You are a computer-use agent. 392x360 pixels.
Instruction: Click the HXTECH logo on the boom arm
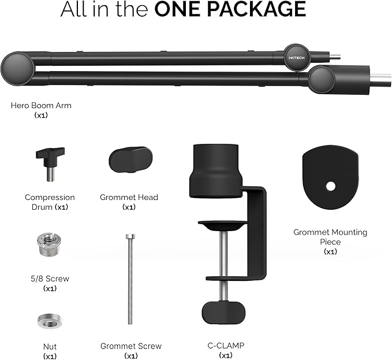[x=297, y=58]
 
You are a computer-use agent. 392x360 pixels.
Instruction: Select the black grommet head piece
[x=130, y=159]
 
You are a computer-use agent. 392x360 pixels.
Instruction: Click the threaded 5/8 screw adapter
[x=50, y=244]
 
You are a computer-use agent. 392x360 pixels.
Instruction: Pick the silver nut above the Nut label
[x=50, y=321]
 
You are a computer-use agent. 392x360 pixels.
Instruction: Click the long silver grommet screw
[x=130, y=279]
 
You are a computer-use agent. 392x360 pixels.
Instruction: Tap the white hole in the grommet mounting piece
[x=331, y=187]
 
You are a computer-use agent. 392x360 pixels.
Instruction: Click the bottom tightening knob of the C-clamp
[x=223, y=313]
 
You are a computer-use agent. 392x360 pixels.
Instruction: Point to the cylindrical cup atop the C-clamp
[x=215, y=170]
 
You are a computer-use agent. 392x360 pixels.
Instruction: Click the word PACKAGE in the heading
[x=257, y=9]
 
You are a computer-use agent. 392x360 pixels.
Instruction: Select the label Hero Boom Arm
[x=41, y=105]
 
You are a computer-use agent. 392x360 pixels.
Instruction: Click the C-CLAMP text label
[x=226, y=346]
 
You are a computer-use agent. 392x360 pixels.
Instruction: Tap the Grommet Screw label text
[x=131, y=346]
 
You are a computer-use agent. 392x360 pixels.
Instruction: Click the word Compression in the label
[x=50, y=198]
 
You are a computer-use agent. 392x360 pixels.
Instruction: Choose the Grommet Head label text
[x=129, y=198]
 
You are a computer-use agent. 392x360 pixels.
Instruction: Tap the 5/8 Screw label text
[x=50, y=279]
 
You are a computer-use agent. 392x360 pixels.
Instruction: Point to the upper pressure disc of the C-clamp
[x=222, y=225]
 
